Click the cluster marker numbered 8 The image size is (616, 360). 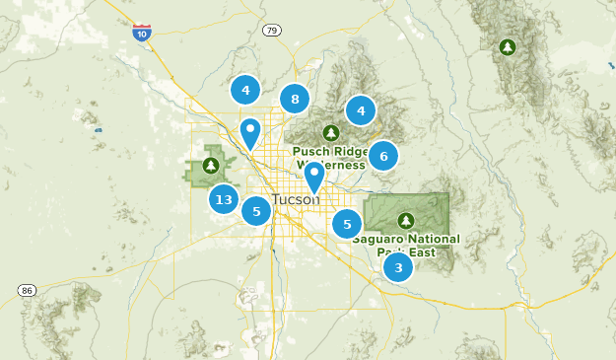tap(294, 99)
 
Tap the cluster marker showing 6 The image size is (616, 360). tap(382, 155)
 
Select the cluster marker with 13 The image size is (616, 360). tap(224, 199)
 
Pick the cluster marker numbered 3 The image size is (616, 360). tap(398, 267)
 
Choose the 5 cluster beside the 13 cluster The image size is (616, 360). tap(256, 210)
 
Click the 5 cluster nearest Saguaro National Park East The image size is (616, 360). tap(346, 224)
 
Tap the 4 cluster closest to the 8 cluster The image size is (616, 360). tap(245, 90)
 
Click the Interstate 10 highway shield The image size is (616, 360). tap(142, 33)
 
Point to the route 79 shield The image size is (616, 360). tap(272, 31)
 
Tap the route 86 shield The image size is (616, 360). tap(27, 290)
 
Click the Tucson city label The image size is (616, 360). tap(295, 199)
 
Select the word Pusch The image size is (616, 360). tap(310, 152)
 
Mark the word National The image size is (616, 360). tap(434, 240)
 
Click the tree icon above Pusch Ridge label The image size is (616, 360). tap(331, 133)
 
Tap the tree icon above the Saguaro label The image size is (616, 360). tap(405, 220)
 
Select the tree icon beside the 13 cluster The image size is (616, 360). tap(211, 165)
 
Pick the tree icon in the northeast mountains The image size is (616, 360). tap(508, 46)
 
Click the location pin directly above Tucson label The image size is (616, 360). tap(314, 177)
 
